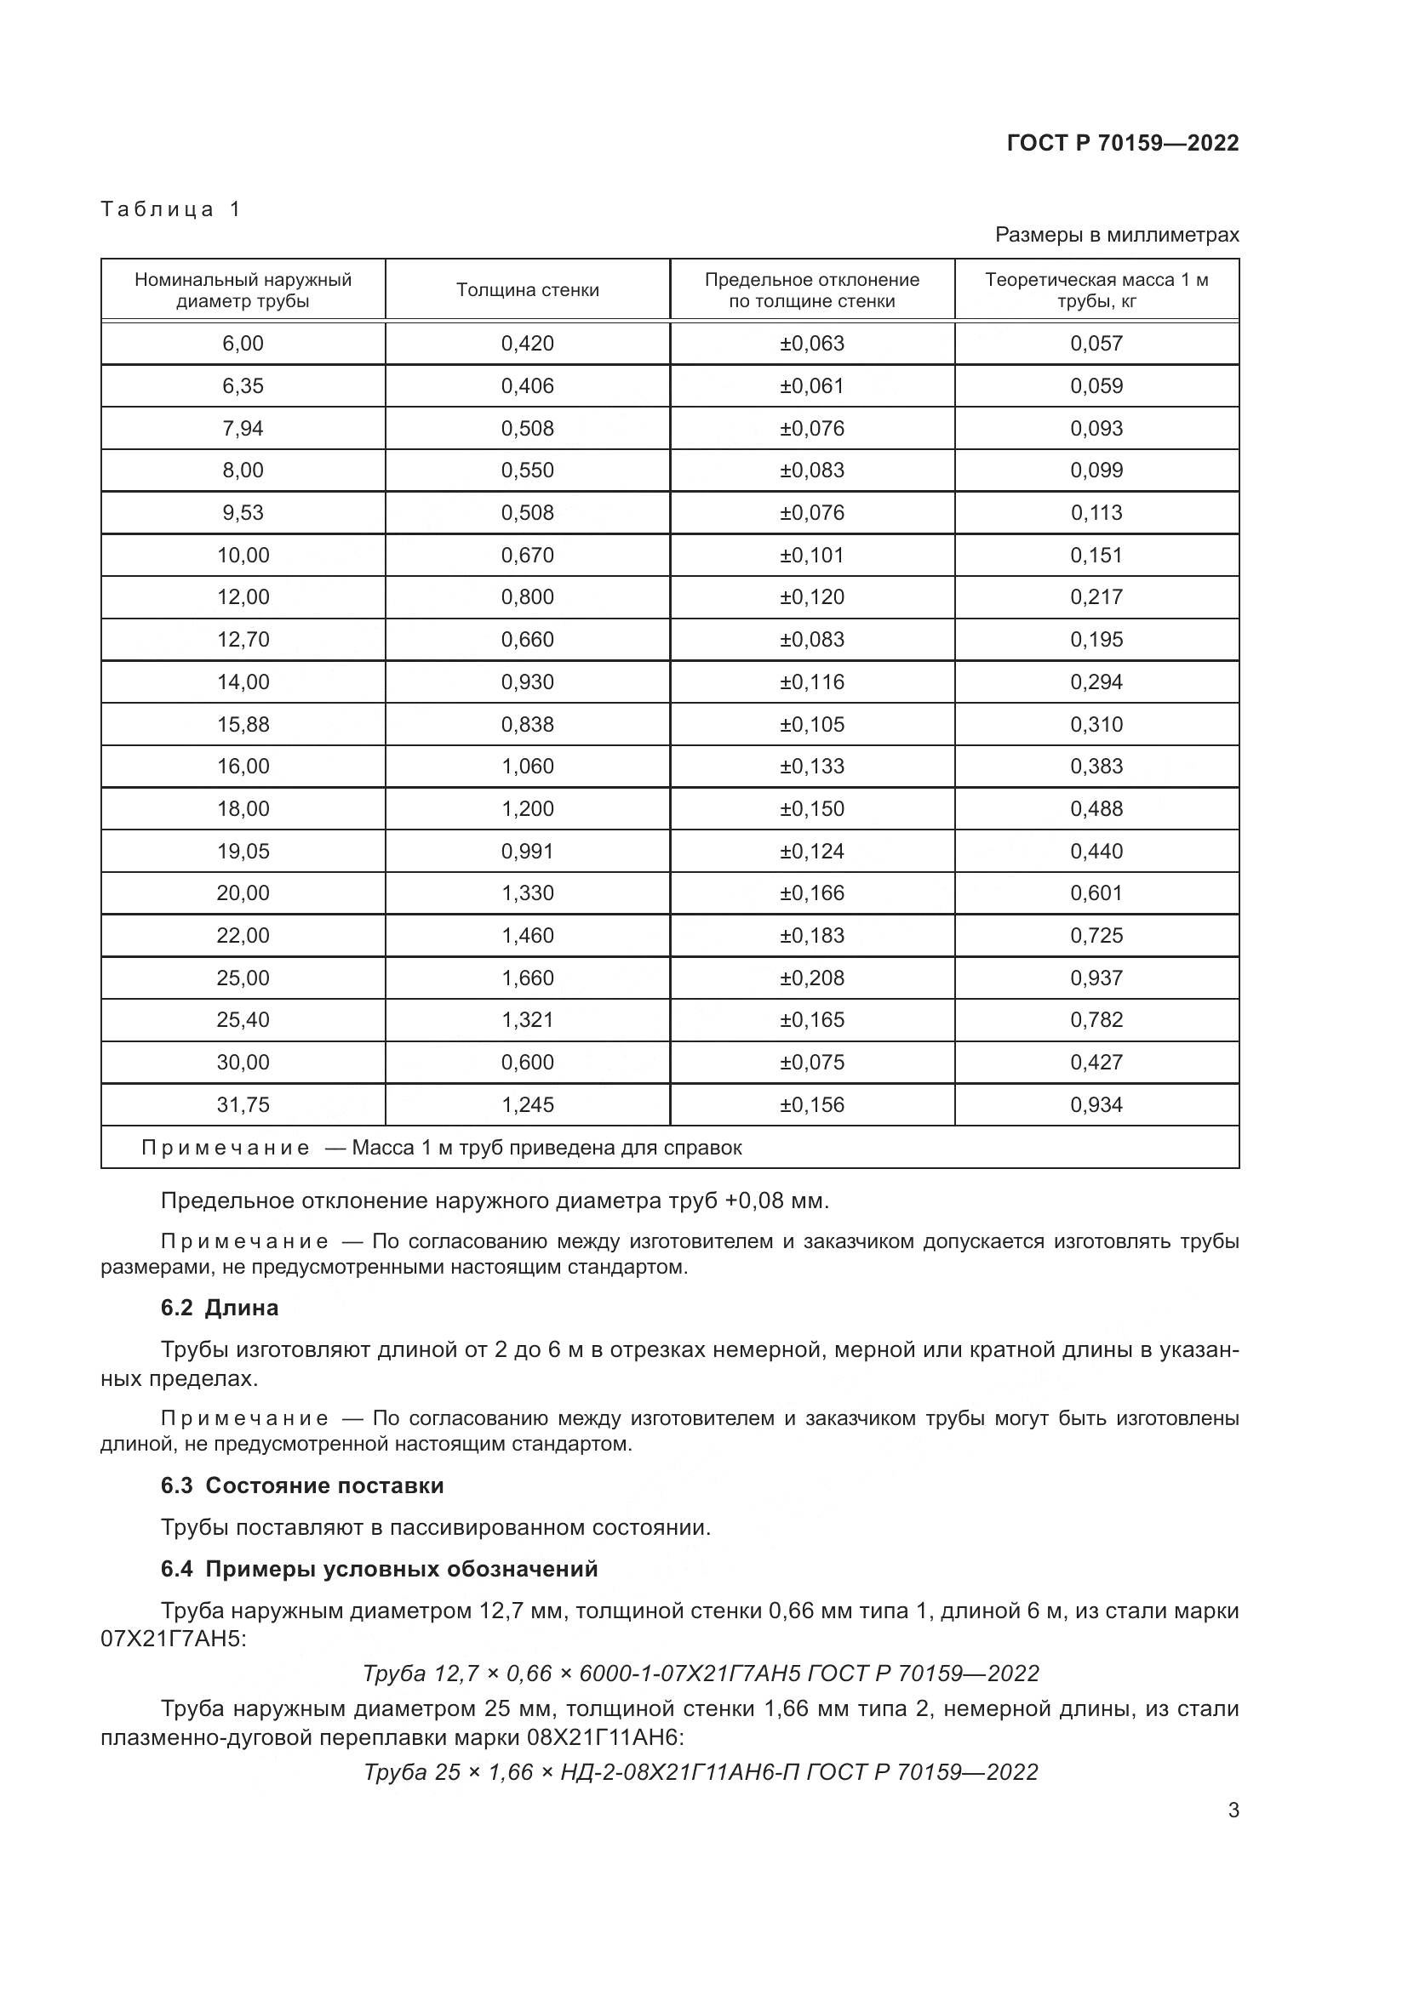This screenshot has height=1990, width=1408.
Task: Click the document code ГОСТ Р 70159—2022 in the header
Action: [x=1123, y=143]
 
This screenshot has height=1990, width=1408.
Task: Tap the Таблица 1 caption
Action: [x=171, y=209]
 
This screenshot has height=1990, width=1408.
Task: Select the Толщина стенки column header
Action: [x=527, y=290]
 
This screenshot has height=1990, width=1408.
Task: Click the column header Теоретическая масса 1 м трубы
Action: [x=1096, y=290]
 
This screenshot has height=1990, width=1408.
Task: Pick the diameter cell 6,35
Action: [x=243, y=385]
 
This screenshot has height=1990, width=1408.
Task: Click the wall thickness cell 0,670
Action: [x=527, y=555]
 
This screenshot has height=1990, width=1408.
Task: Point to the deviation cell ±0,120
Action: [x=811, y=597]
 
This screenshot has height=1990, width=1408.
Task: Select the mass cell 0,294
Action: [x=1096, y=682]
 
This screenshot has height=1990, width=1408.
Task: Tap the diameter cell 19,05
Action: [x=243, y=851]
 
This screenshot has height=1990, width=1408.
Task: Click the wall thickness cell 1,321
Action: [x=527, y=1020]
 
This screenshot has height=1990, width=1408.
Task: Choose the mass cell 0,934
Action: [x=1096, y=1105]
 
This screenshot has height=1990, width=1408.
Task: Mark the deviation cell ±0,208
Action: [x=811, y=978]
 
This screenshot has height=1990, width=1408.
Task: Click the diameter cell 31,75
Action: [x=243, y=1105]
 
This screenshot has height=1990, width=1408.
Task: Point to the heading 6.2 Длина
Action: [x=220, y=1308]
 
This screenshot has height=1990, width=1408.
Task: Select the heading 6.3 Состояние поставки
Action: [x=301, y=1485]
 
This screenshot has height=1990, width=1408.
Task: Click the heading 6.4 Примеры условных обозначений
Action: [x=379, y=1569]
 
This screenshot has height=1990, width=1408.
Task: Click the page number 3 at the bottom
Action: [x=1233, y=1810]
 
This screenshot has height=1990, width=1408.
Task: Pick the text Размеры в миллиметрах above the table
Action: [x=1117, y=235]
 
